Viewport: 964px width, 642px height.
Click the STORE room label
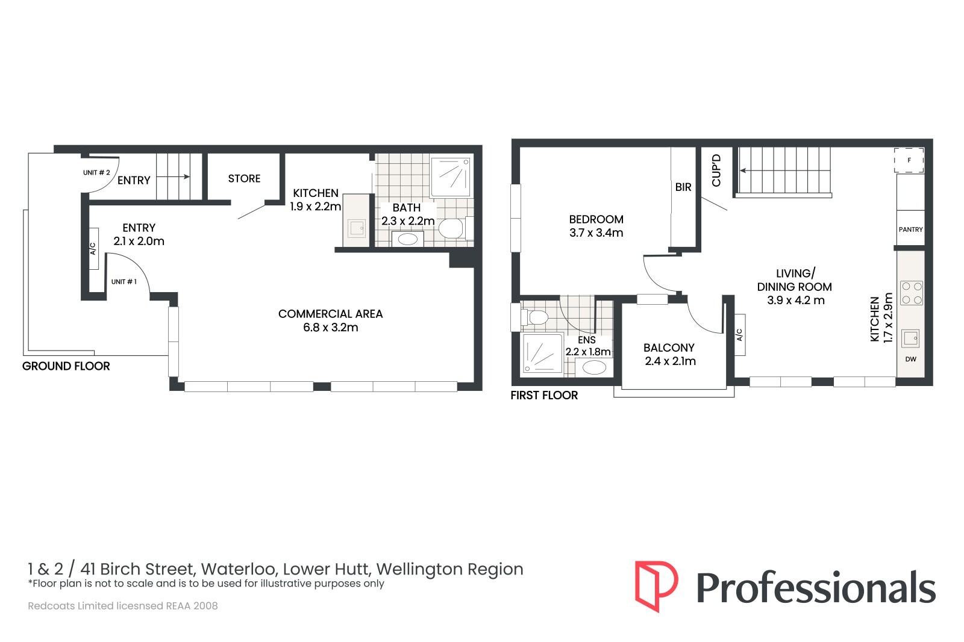244,179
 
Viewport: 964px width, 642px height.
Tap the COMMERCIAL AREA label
331,314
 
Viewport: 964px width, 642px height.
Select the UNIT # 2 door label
96,173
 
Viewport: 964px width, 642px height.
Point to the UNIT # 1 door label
124,282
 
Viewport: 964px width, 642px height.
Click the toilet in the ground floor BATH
455,228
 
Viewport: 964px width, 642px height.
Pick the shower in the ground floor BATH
451,177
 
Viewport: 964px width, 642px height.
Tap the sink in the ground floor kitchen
357,228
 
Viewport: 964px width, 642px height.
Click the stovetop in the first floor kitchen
912,293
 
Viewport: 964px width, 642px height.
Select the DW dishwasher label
910,360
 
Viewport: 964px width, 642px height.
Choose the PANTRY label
910,230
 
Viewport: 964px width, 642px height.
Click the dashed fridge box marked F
909,160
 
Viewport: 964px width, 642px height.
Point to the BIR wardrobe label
683,187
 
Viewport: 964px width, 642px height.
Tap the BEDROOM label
596,219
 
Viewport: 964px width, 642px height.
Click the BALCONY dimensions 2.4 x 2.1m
670,361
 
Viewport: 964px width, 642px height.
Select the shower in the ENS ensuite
542,353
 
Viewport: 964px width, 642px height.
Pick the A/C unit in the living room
740,335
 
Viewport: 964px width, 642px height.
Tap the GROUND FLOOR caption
66,366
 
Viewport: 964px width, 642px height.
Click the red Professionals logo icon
656,586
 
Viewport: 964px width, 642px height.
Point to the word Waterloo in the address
237,569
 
